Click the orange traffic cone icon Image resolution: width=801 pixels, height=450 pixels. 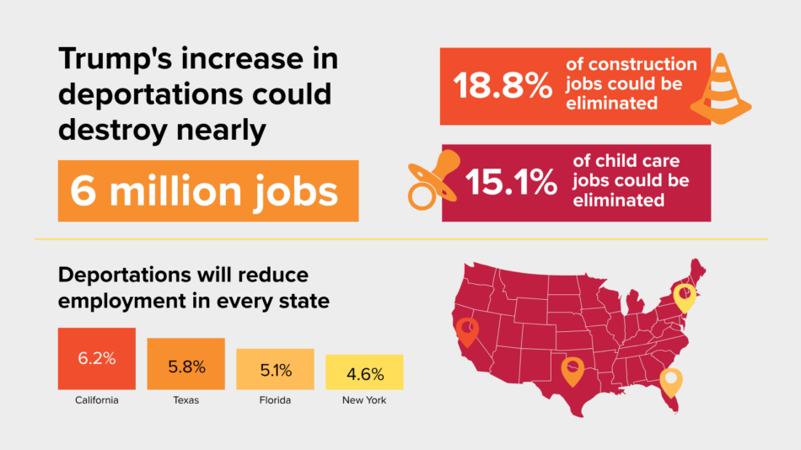coord(720,89)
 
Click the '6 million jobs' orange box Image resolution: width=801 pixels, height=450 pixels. coord(207,190)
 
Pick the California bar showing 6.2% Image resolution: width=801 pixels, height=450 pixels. coord(96,358)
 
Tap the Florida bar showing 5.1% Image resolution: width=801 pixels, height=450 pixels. coord(275,368)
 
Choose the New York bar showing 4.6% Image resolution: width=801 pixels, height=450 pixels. coord(364,372)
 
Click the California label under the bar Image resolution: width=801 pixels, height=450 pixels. coord(96,400)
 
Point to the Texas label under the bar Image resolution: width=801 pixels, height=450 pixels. coord(185,400)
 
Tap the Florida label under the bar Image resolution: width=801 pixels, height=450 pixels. coord(275,400)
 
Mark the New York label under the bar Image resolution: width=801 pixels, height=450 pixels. coord(364,400)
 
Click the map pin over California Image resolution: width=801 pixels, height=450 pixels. coord(465,331)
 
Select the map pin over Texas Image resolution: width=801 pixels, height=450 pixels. coord(573,370)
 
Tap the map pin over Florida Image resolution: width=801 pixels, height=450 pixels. coord(671,382)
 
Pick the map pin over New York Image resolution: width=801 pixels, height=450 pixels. coord(685,297)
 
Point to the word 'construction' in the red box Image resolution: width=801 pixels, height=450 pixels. coord(642,65)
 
